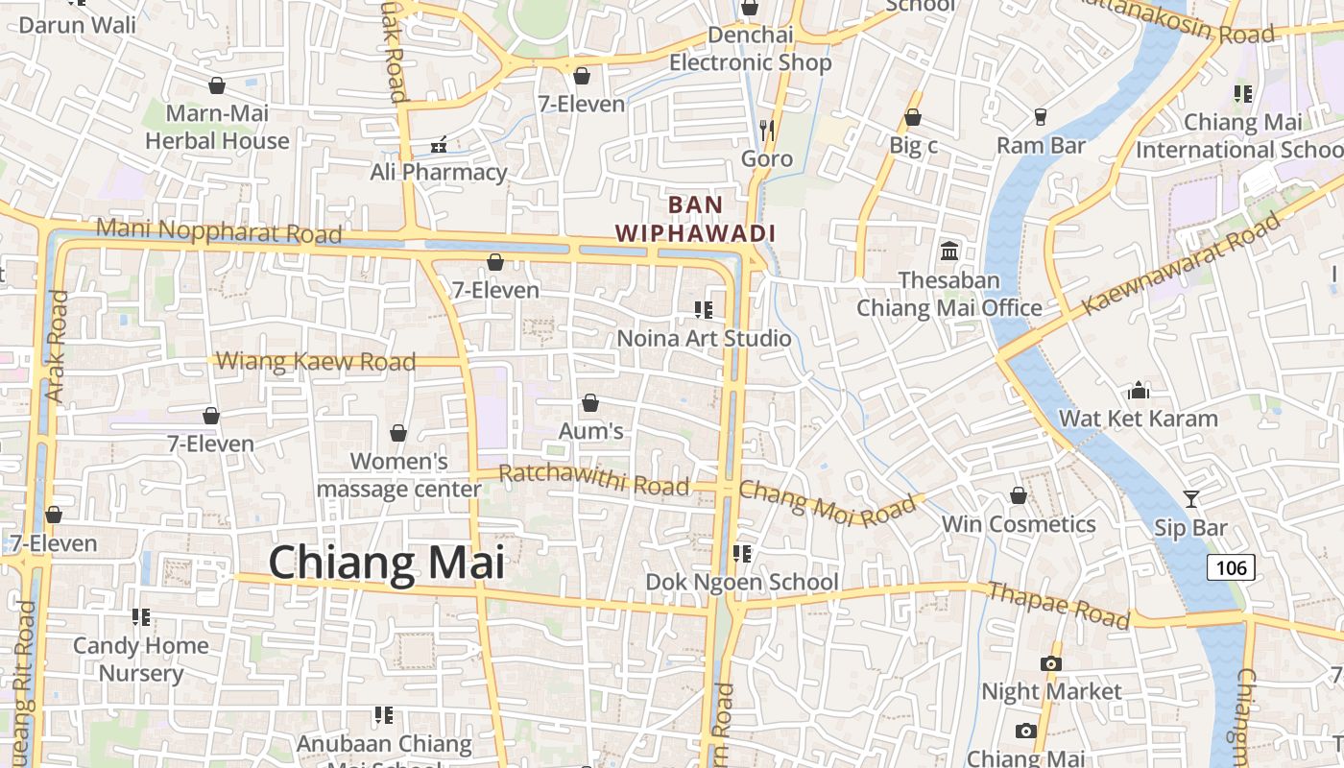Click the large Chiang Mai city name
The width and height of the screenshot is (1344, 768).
coord(386,562)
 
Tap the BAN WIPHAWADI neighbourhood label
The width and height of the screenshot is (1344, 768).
coord(695,219)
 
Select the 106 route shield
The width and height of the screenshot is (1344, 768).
coord(1231,567)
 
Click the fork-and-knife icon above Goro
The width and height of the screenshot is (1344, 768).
coord(767,130)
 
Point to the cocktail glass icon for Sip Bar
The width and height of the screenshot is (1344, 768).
coord(1191,499)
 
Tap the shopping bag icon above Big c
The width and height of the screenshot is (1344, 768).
coord(913,117)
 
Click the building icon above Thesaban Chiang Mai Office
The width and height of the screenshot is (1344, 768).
coord(949,251)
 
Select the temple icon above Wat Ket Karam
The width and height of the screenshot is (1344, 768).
coord(1139,390)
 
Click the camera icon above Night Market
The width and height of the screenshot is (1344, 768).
coord(1051,663)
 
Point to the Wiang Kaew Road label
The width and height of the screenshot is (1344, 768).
coord(316,362)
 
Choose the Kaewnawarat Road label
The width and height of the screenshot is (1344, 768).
coord(1182,265)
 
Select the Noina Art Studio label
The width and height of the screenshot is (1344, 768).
coord(704,338)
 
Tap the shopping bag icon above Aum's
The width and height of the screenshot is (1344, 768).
coord(590,403)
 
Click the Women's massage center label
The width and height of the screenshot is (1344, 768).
coord(399,475)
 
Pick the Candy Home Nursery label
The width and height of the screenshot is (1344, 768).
coord(141,659)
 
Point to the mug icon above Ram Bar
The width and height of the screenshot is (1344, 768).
coord(1040,117)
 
